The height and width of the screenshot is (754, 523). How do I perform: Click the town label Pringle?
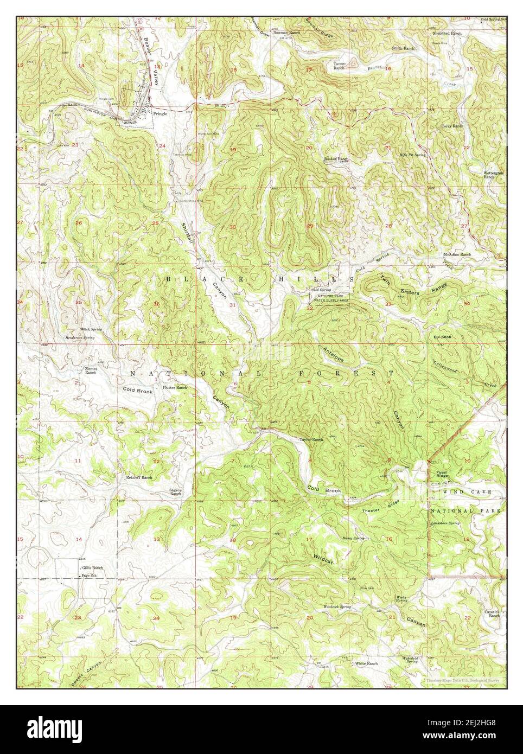(x=160, y=114)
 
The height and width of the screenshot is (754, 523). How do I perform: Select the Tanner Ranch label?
(x=339, y=66)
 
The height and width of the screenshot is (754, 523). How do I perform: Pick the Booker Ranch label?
(x=336, y=159)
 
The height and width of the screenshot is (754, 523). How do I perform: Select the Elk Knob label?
(x=442, y=337)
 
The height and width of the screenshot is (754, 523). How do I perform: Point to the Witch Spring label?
(x=91, y=329)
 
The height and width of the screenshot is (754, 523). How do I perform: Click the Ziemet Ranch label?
(x=91, y=371)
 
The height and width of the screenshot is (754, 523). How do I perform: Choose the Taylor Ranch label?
(x=311, y=439)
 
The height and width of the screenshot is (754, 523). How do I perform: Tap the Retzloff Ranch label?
(x=140, y=477)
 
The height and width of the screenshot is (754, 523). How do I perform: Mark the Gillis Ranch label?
(x=92, y=567)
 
